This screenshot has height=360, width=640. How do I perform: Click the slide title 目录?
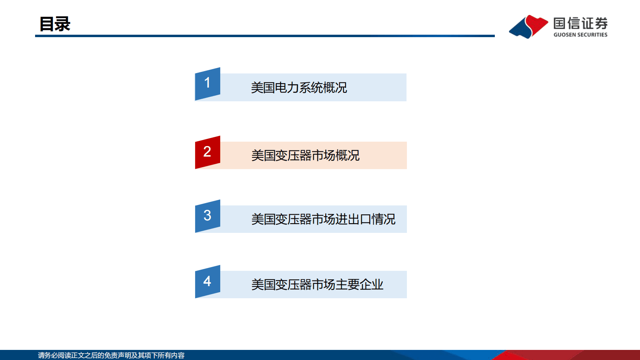pos(55,24)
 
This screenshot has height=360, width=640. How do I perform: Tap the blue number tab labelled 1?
pos(207,84)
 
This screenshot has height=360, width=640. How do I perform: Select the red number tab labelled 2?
pos(207,152)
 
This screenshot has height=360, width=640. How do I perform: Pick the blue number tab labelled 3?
pos(207,216)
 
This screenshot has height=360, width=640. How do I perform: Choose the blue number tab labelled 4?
pos(207,281)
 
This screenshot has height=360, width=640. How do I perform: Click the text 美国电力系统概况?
pos(299,88)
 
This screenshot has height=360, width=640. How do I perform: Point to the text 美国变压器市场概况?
pos(305,155)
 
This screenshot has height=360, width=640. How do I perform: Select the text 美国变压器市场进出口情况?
pos(323,219)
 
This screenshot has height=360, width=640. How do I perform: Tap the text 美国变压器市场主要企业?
pos(317,285)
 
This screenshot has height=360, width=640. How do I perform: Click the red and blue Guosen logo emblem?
pos(528,27)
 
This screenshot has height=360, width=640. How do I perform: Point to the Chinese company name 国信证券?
pos(580,23)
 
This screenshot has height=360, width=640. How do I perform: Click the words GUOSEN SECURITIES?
pos(580,35)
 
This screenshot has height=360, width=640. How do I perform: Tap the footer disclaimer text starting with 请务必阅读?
pos(111,355)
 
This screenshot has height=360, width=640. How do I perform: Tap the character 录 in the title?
pos(63,24)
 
